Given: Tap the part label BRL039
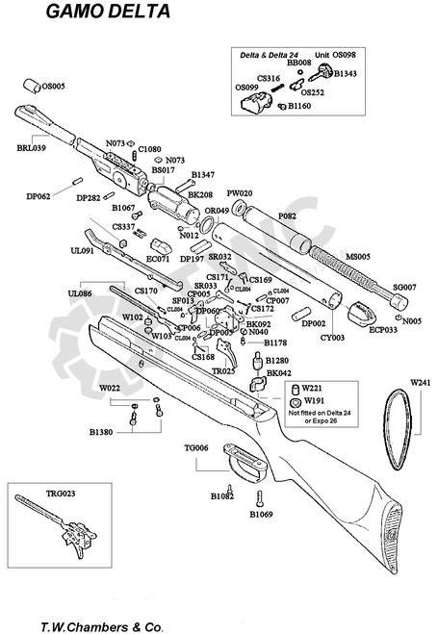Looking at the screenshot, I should (x=31, y=149).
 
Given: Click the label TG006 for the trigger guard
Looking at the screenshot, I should (x=197, y=448).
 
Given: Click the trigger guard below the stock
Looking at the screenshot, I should (x=245, y=465).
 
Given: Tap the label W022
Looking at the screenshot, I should (x=112, y=389).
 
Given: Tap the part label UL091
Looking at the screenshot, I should (x=81, y=251).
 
